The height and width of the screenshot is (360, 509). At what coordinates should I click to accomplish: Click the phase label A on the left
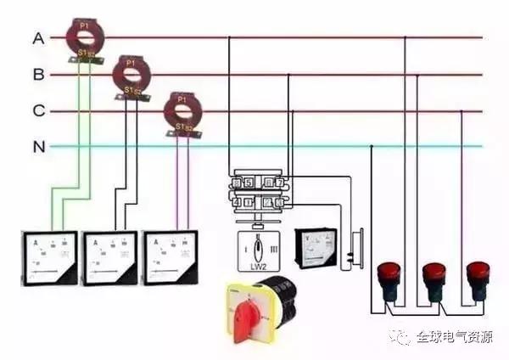point(38,38)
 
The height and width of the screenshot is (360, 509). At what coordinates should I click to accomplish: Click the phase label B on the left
point(38,75)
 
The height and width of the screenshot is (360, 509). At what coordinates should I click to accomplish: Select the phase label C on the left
point(38,111)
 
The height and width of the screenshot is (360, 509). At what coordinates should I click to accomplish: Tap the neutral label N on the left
point(38,147)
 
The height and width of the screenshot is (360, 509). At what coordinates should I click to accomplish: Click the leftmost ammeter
point(50,257)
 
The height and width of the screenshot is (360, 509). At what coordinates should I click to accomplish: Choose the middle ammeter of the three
point(109,257)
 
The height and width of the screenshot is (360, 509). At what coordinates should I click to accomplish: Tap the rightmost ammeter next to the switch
point(173,257)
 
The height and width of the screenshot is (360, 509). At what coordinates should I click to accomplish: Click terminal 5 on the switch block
point(247,182)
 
